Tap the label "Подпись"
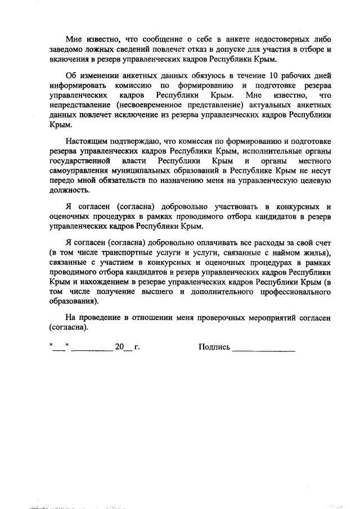coord(214,347)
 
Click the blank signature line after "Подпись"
coord(264,349)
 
